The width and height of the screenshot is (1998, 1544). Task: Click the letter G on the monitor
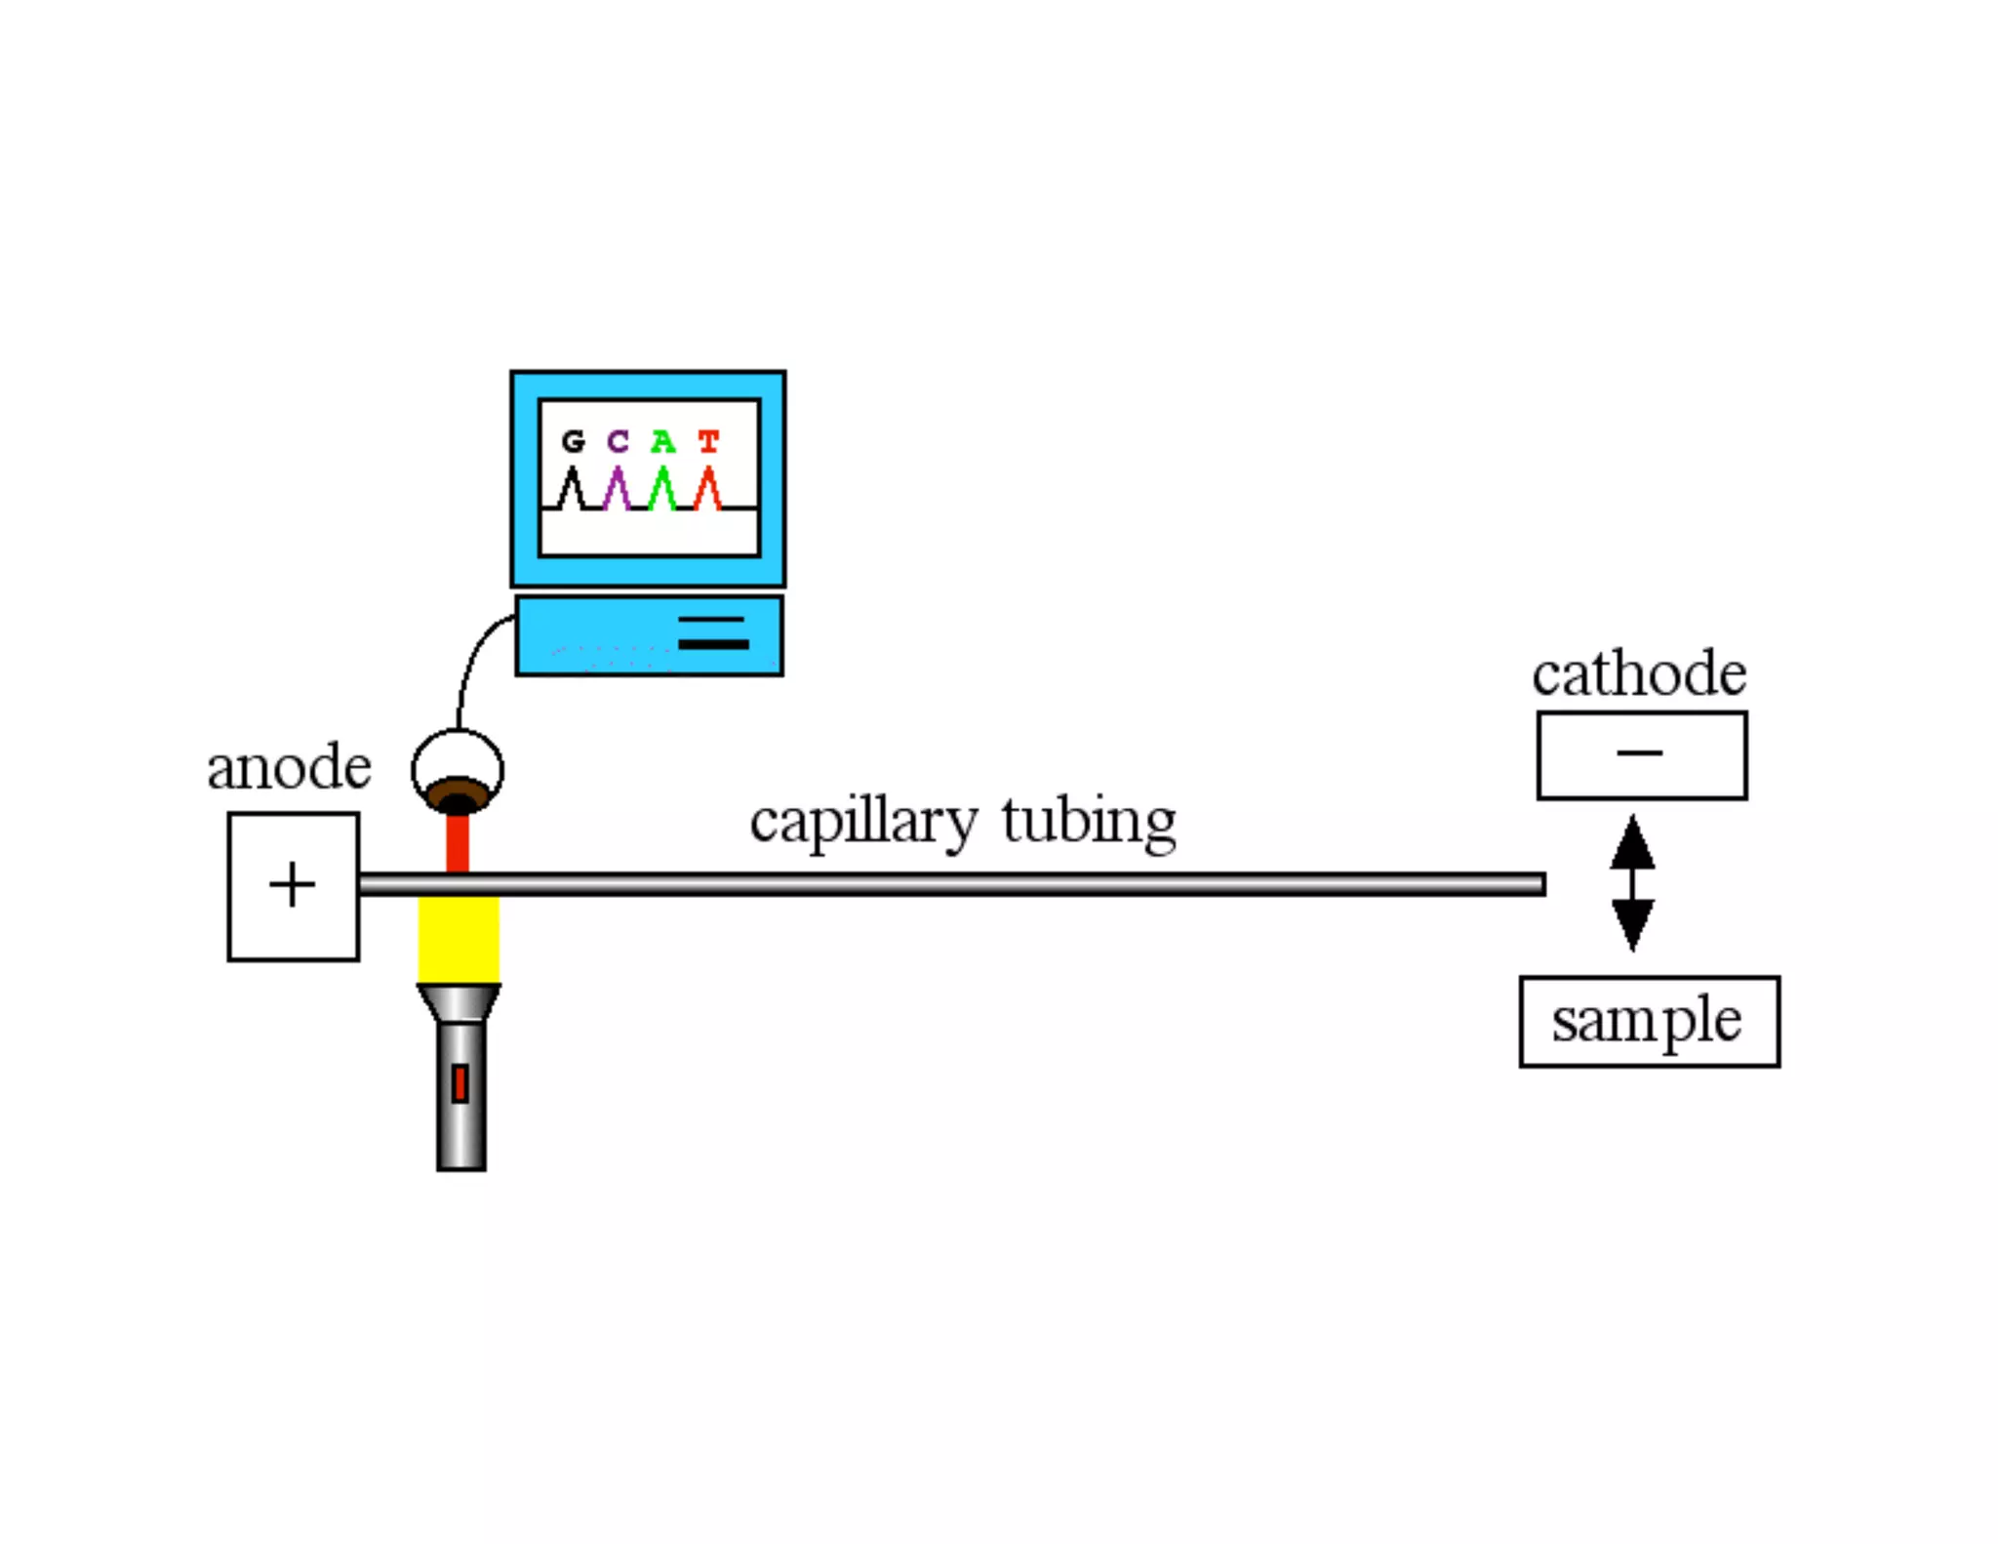point(574,442)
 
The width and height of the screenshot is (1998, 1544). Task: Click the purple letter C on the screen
point(618,442)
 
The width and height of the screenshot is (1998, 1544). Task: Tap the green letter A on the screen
point(662,442)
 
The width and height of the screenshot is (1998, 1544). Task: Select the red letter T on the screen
point(708,442)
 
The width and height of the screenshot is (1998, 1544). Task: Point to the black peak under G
point(573,485)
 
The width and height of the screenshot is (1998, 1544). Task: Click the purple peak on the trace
point(617,485)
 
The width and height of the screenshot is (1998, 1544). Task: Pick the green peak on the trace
point(662,485)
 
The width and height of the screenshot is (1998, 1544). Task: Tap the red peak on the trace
point(708,485)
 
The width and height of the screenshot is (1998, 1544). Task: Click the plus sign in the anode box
point(292,885)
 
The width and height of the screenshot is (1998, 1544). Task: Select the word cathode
point(1639,673)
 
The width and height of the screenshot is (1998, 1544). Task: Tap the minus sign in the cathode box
point(1639,752)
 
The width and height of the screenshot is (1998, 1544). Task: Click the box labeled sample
point(1649,1021)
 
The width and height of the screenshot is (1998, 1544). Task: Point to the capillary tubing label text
point(962,822)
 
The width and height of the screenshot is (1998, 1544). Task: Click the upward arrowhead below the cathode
point(1632,843)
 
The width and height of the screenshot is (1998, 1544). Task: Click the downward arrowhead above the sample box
point(1632,923)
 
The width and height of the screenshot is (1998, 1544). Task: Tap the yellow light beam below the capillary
point(459,939)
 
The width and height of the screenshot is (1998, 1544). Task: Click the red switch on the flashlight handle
point(460,1083)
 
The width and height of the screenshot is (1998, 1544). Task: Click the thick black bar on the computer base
point(713,644)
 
